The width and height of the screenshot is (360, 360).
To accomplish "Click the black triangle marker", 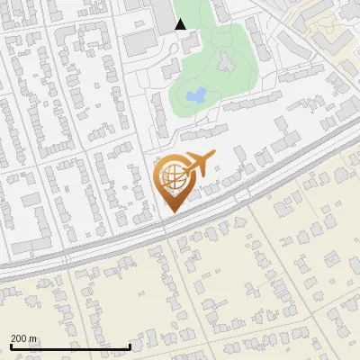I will pyautogui.click(x=181, y=24).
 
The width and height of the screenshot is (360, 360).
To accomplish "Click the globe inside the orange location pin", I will pyautogui.click(x=172, y=177).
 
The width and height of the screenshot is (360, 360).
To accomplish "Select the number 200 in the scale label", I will pyautogui.click(x=19, y=338).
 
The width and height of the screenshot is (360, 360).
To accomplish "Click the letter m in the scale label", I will pyautogui.click(x=33, y=338).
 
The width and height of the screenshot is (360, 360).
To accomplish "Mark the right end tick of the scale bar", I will pyautogui.click(x=130, y=346).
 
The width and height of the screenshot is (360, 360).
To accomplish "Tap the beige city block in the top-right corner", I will pyautogui.click(x=333, y=27).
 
